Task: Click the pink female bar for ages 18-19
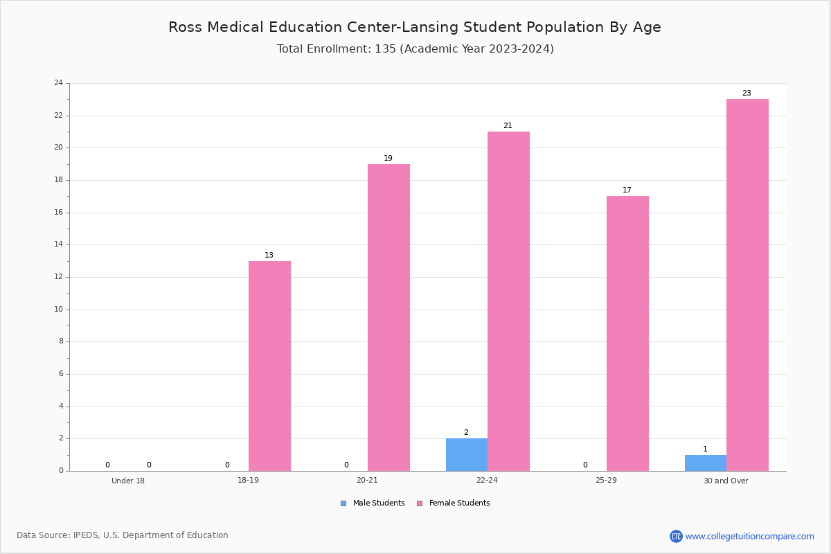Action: click(269, 366)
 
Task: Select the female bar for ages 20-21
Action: click(388, 318)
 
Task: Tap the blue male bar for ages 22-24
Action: click(467, 455)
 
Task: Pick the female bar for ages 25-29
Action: click(627, 334)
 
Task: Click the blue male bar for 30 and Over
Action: click(706, 463)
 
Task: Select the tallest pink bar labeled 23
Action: click(747, 285)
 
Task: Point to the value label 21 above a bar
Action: click(508, 125)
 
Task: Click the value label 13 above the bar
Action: click(269, 255)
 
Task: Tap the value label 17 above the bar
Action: click(627, 190)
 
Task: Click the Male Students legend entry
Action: click(373, 503)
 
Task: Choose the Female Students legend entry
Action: click(454, 503)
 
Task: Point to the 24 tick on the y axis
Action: click(59, 82)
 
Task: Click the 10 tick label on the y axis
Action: click(59, 309)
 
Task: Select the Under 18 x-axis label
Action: click(128, 481)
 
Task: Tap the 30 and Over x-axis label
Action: click(726, 481)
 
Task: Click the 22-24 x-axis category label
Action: click(487, 480)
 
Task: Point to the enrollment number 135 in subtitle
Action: click(385, 48)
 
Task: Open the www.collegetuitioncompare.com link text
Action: click(749, 536)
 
